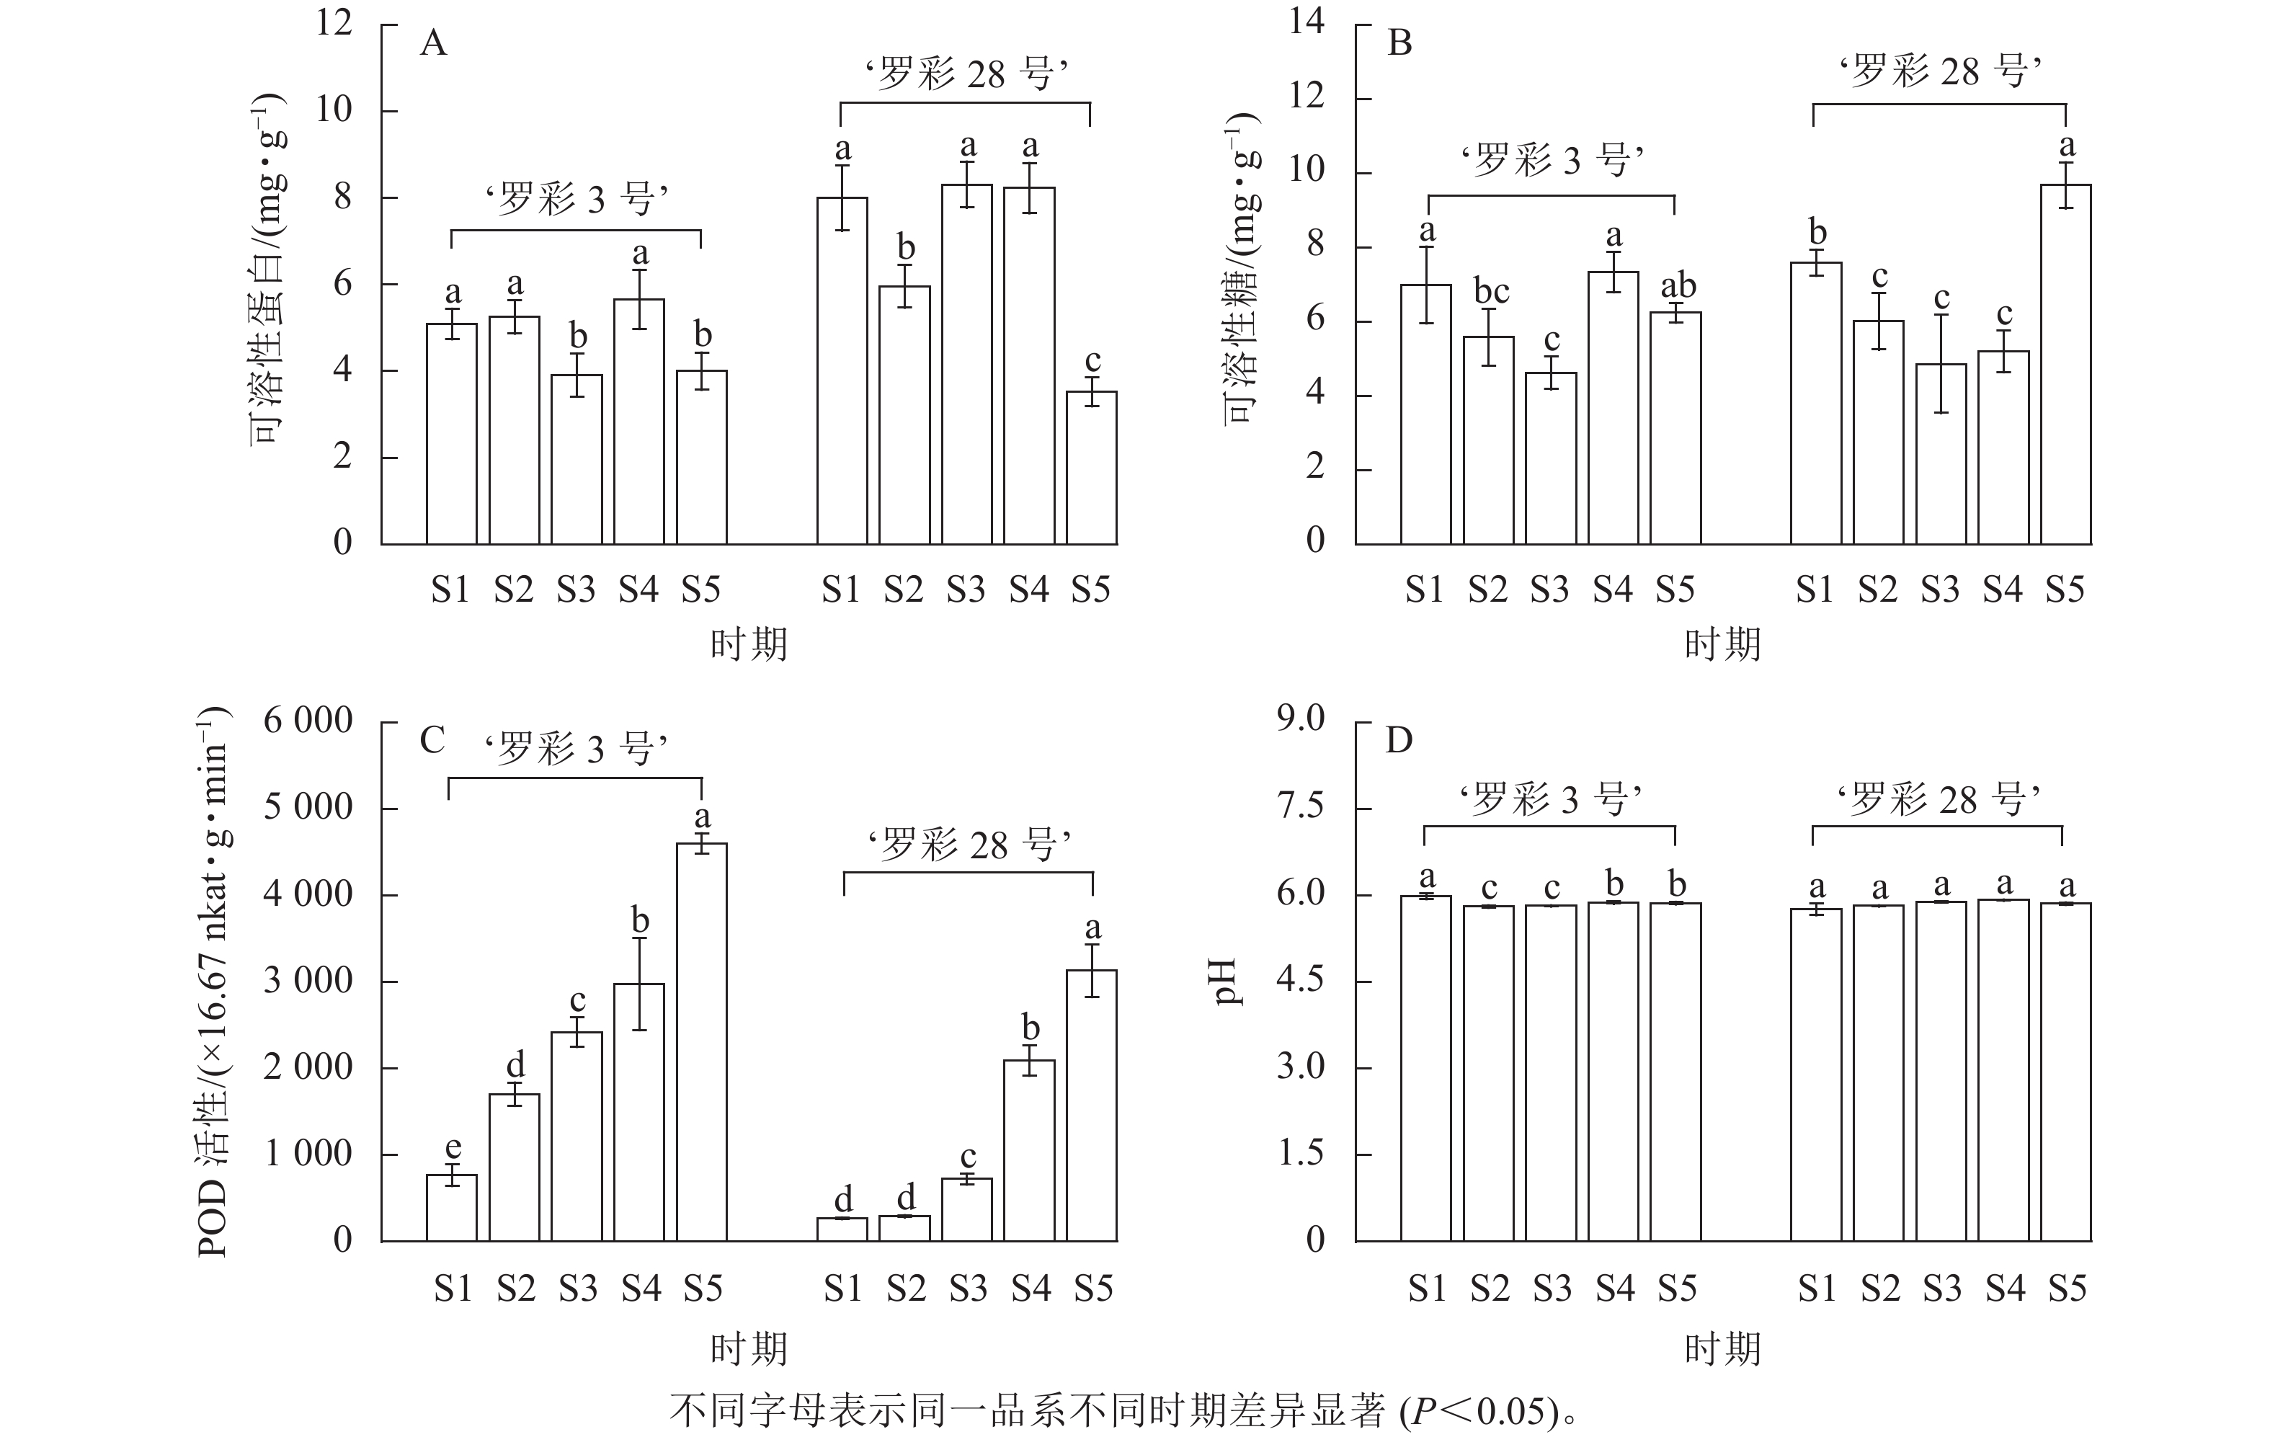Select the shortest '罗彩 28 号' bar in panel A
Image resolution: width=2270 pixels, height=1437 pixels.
pos(1092,468)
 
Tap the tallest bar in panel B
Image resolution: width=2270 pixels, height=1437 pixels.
pos(2065,364)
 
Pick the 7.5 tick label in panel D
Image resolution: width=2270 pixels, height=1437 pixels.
pos(1301,807)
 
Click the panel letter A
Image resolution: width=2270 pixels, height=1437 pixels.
pos(432,43)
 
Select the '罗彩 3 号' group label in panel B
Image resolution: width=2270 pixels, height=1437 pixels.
pos(1552,160)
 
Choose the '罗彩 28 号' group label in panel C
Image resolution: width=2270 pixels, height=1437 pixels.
pos(968,845)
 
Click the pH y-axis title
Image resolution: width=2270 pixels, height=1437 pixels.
pos(1229,982)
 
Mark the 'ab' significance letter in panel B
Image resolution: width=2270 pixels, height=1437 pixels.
pos(1678,285)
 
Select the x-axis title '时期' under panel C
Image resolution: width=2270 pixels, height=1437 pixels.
pos(749,1349)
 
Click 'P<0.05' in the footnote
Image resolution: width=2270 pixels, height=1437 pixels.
pos(1475,1410)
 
